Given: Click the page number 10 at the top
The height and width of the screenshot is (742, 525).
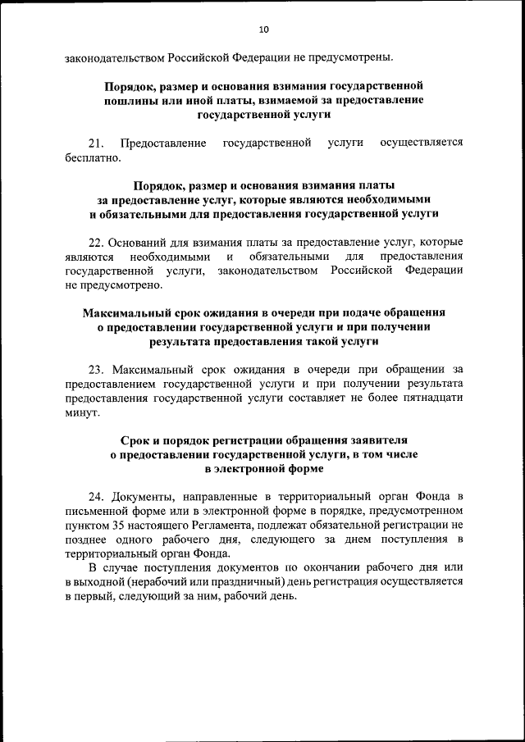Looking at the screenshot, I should point(263,30).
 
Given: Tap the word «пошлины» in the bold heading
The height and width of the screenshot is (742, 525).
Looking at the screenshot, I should point(130,100).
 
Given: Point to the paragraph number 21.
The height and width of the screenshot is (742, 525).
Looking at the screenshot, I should point(96,143).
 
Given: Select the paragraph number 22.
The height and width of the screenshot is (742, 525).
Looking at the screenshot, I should point(96,243).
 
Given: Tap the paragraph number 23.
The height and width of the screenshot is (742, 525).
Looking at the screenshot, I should point(96,370).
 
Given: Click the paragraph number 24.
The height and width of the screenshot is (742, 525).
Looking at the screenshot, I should point(96,498).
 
